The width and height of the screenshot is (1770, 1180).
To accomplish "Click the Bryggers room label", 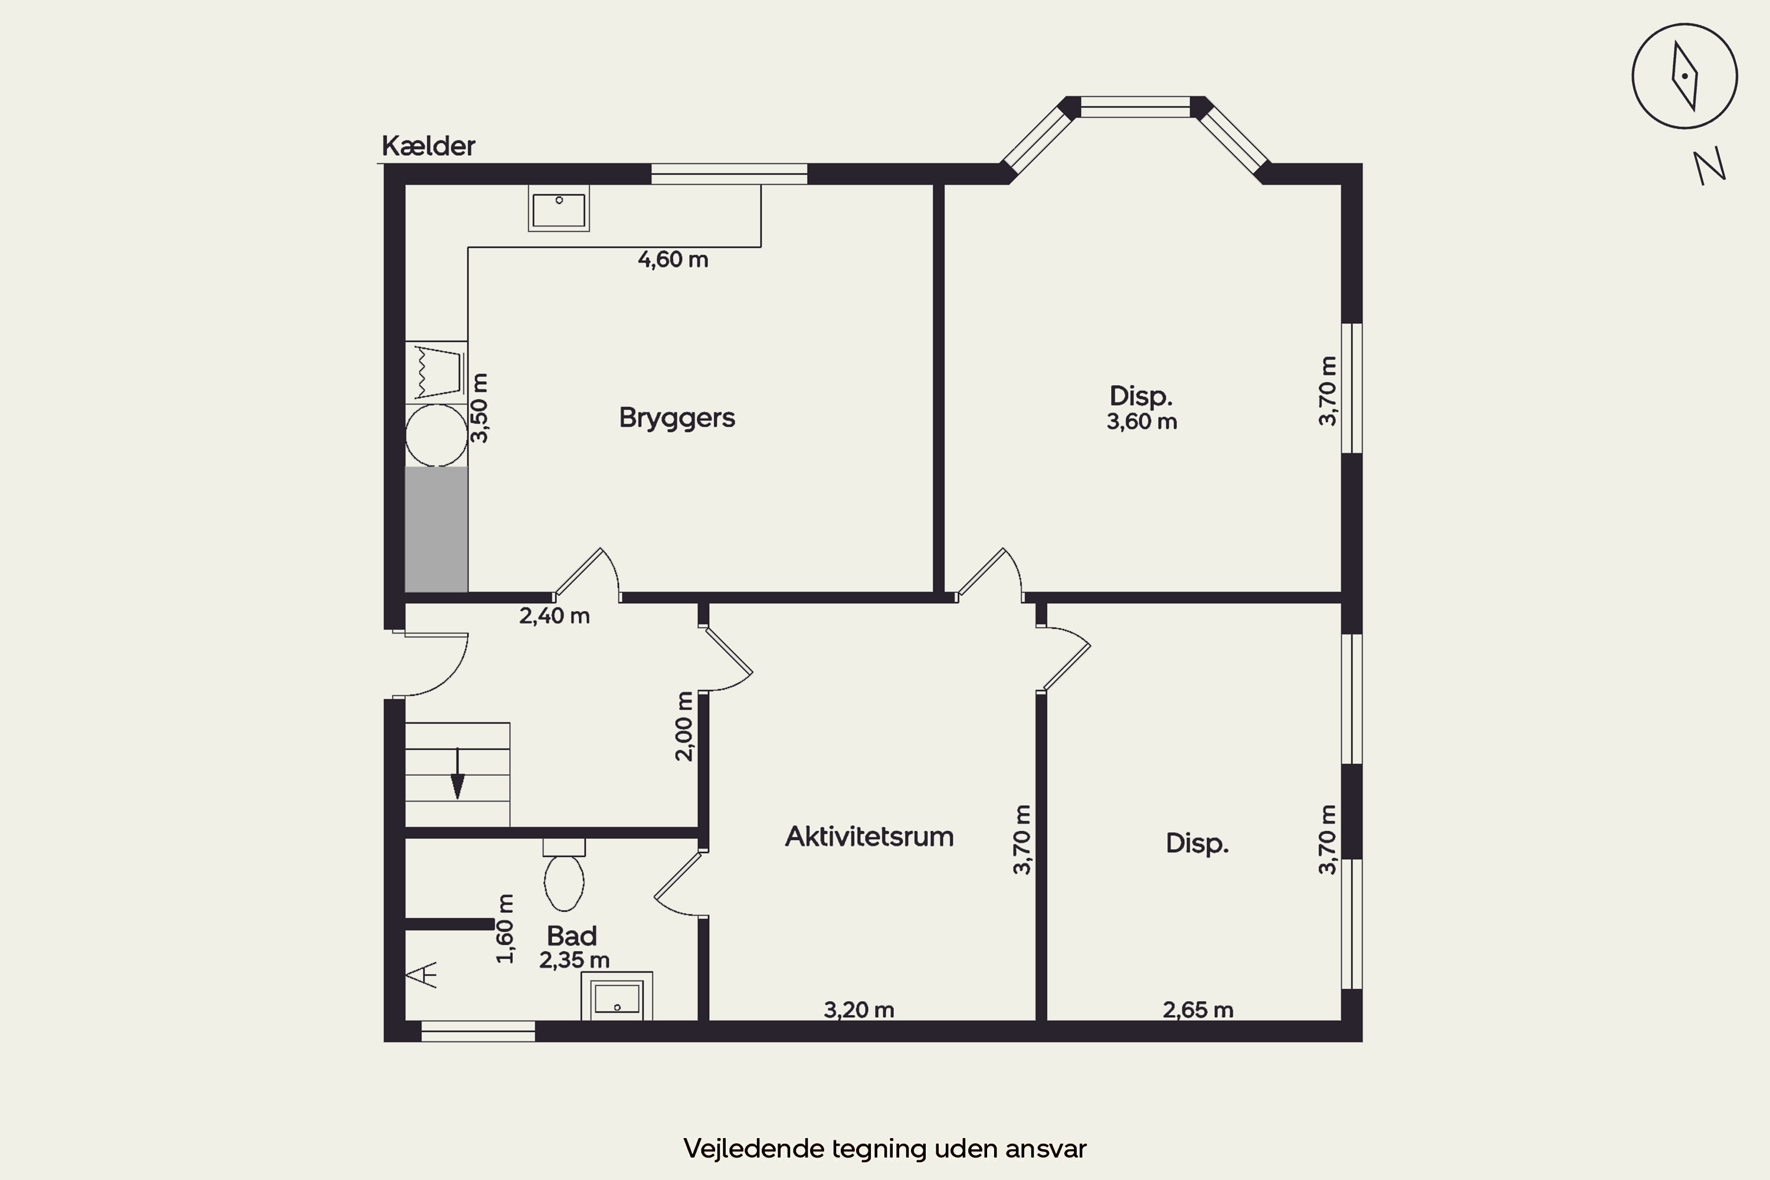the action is [677, 418].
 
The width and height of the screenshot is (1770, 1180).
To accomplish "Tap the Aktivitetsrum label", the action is [869, 837].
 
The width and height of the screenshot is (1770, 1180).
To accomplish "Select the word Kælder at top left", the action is [428, 146].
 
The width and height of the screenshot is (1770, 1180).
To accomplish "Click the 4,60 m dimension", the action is [673, 260].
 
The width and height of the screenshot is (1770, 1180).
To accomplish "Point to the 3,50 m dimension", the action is [479, 408].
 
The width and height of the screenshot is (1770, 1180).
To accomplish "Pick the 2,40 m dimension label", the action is [555, 615].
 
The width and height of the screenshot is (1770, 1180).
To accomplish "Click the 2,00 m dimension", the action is [683, 726].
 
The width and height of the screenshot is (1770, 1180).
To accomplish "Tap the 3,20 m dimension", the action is [858, 1010].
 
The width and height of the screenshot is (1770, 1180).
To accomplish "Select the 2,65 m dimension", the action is [1198, 1010].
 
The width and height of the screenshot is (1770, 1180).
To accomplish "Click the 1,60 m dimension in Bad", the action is [505, 929].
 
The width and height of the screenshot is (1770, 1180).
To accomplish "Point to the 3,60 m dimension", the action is [1142, 421].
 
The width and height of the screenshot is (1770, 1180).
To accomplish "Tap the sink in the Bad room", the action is [617, 997].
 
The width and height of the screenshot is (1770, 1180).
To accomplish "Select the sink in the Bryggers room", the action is [558, 208].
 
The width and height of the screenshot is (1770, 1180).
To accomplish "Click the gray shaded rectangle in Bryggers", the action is [437, 529].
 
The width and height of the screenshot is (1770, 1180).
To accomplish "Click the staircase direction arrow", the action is [457, 773].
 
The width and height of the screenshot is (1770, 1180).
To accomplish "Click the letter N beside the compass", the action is [1709, 166].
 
